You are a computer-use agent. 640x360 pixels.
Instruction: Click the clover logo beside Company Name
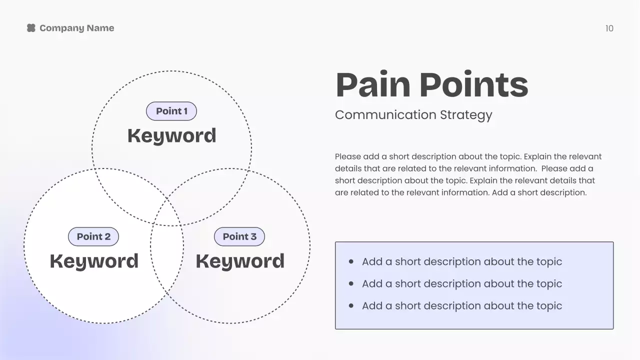click(x=31, y=28)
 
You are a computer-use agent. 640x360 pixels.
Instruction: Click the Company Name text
click(x=76, y=28)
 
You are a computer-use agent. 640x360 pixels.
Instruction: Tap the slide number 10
click(x=609, y=28)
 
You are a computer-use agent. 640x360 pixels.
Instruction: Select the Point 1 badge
click(x=171, y=111)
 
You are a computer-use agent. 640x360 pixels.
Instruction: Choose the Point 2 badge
click(x=93, y=236)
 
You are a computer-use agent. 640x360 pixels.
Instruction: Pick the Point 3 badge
click(x=239, y=236)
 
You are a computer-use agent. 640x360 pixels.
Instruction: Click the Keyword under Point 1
click(x=171, y=135)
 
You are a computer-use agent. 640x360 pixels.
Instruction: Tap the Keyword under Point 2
click(x=94, y=261)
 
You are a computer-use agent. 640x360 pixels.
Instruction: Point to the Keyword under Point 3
click(x=240, y=261)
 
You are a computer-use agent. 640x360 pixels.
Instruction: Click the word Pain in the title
click(x=373, y=85)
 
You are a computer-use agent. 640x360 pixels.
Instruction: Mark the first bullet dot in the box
click(x=351, y=261)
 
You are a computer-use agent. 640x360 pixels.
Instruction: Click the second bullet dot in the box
click(x=351, y=283)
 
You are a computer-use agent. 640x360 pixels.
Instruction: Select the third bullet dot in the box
click(x=351, y=305)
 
